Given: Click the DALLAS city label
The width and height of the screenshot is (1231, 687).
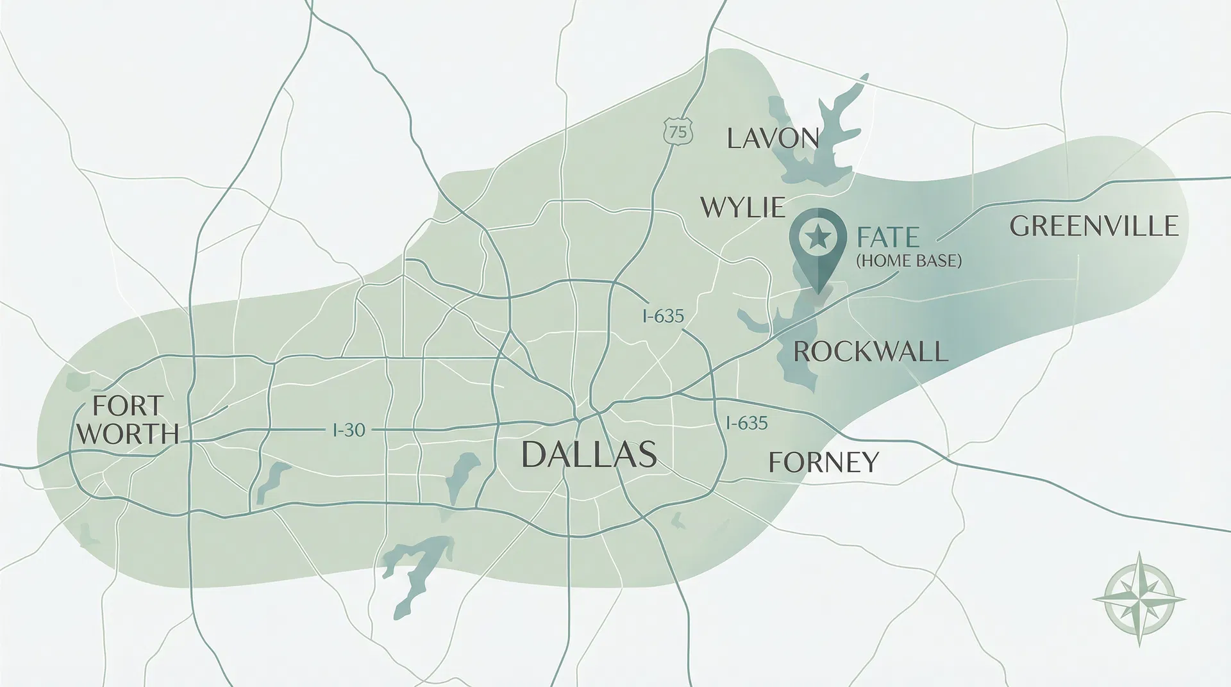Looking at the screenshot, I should coord(589,454).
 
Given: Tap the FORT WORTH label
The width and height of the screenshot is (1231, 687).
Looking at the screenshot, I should coord(128,420).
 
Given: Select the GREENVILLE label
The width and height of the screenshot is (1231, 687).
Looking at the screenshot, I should coord(1094,226).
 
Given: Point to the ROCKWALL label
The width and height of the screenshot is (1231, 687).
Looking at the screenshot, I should coord(870,352).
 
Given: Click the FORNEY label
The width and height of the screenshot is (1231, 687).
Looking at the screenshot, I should coord(823,461).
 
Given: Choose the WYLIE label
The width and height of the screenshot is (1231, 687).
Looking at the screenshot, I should coord(742,208).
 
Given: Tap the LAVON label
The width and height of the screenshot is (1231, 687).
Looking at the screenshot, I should coord(773,138).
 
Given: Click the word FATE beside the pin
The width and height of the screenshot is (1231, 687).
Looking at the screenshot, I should coord(887,238).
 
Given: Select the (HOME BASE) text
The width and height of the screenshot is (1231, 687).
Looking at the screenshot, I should coord(909,261).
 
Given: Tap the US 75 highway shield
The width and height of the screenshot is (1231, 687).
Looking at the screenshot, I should coord(678,132).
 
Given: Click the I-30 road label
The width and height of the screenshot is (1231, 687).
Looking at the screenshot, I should coord(349,429).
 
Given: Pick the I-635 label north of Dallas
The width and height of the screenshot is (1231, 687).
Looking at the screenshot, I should coord(663,316).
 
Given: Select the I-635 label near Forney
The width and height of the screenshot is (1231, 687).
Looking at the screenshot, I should coord(746,423).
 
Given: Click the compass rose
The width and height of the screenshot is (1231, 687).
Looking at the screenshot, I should coord(1139,598).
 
